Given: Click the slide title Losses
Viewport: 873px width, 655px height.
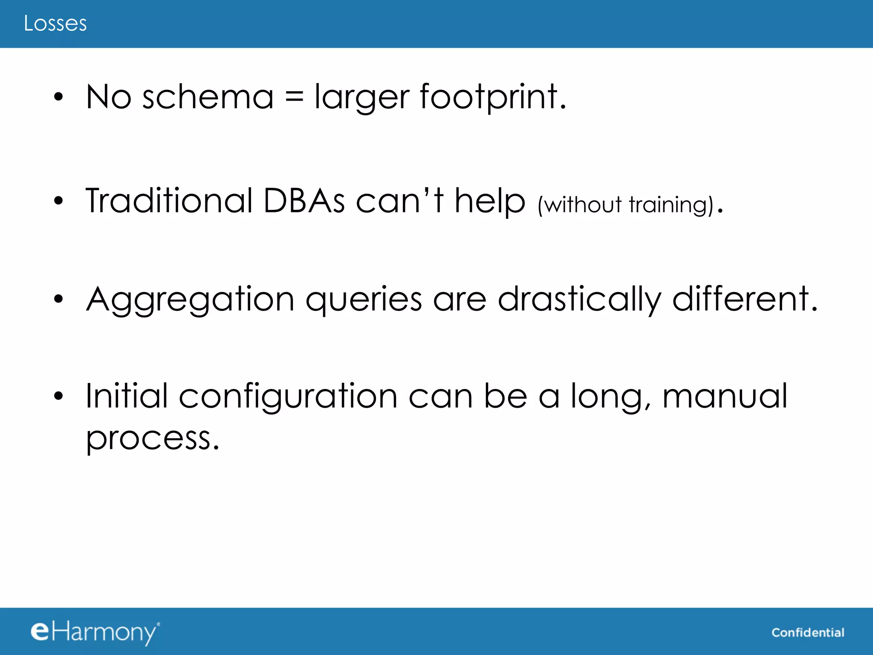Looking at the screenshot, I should (x=55, y=23).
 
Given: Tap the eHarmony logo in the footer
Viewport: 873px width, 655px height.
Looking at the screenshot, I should (x=95, y=632).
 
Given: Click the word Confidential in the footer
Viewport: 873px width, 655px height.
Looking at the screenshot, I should (x=807, y=632).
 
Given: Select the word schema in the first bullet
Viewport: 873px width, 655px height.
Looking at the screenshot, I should (x=208, y=97).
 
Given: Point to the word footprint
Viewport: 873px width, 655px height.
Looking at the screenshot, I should (x=492, y=97).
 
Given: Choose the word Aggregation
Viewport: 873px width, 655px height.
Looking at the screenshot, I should (x=190, y=300).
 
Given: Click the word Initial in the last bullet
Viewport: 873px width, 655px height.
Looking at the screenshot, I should (x=127, y=396).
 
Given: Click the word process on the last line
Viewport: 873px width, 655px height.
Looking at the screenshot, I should (x=152, y=438).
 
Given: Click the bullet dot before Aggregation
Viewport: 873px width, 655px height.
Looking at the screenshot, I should (x=58, y=299).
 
